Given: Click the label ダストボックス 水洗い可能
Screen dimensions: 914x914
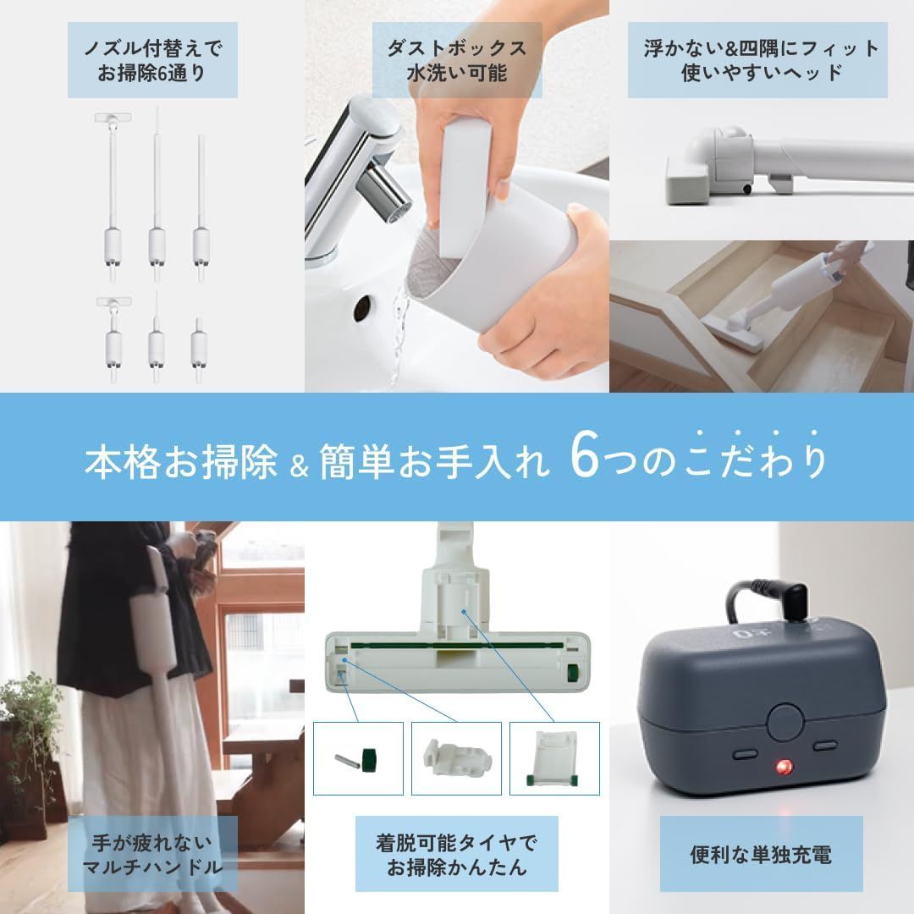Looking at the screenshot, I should pos(457,59).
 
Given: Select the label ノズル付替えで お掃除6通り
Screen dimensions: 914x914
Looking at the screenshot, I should pos(152,59).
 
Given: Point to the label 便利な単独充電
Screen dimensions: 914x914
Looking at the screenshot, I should pos(761,853).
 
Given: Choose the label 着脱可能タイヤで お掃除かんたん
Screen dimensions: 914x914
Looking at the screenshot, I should pos(457,854).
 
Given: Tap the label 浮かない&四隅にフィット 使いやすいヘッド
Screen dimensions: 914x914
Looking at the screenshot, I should pos(761,59).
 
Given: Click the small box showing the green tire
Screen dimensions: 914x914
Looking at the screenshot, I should pos(358,758).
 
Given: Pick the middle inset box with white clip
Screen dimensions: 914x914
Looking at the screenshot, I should pos(456,758).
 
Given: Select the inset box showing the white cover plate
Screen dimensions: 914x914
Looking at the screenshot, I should pos(554,758).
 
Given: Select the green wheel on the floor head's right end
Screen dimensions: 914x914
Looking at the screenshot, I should pos(574,674).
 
